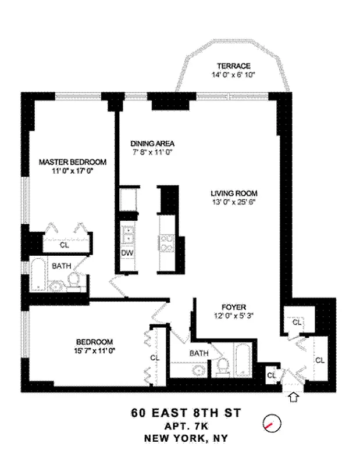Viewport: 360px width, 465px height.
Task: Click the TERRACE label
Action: coord(234,66)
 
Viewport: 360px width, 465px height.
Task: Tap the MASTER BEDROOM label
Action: coord(73,162)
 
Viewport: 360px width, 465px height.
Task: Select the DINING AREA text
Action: coord(152,144)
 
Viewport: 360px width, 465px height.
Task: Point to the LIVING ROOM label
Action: coord(234,194)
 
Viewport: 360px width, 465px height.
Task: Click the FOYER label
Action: coord(234,307)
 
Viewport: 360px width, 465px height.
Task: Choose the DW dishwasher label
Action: coord(127,253)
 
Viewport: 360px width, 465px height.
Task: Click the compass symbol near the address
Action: coord(271,423)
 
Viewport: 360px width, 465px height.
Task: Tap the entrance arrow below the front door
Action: coord(294,398)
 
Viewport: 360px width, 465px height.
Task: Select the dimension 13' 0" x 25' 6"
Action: coord(234,203)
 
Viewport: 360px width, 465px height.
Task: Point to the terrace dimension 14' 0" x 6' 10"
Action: coord(234,75)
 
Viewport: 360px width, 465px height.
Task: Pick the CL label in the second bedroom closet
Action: coord(155,358)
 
